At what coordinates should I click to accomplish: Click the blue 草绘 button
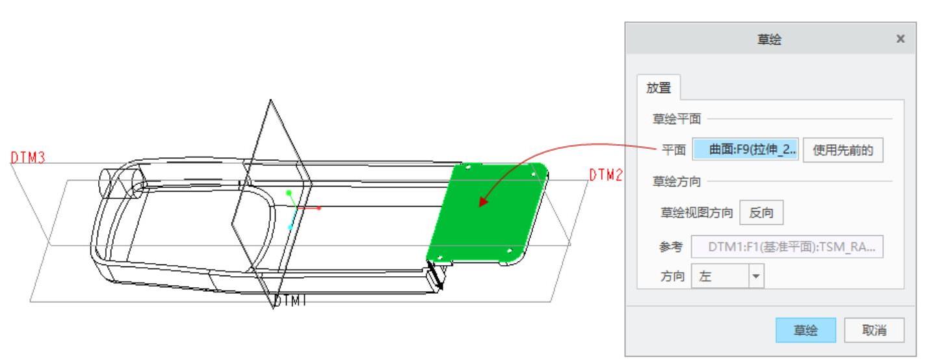pyautogui.click(x=805, y=330)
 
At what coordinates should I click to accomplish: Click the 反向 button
pyautogui.click(x=761, y=212)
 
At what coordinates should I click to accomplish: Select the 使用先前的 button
pyautogui.click(x=843, y=150)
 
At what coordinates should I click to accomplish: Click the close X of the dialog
pyautogui.click(x=900, y=39)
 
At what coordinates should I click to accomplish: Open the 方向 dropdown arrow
pyautogui.click(x=756, y=276)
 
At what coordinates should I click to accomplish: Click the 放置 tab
pyautogui.click(x=659, y=88)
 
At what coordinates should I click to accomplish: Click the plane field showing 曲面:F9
pyautogui.click(x=745, y=149)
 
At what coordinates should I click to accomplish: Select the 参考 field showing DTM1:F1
pyautogui.click(x=787, y=247)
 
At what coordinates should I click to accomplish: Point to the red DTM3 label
pyautogui.click(x=27, y=158)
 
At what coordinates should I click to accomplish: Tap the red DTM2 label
pyautogui.click(x=606, y=175)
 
